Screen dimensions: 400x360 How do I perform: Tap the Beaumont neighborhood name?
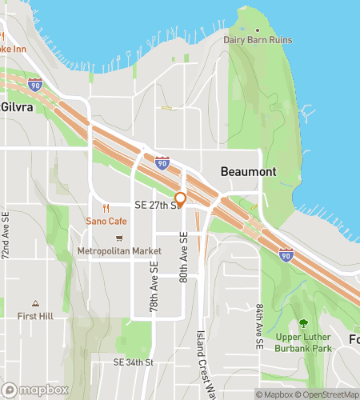[x=248, y=172]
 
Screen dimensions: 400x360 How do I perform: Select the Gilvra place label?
[x=16, y=107]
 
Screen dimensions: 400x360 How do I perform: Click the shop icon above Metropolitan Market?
[x=120, y=238]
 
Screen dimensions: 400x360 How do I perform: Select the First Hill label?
[x=35, y=316]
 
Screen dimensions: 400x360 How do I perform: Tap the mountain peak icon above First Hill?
[x=35, y=303]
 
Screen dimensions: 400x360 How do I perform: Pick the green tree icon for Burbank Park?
[x=303, y=323]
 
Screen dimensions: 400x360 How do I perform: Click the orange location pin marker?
[x=181, y=199]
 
